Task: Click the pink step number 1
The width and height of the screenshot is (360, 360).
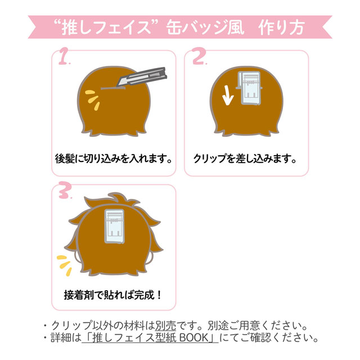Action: pos(64,56)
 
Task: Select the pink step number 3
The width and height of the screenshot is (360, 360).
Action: pos(64,190)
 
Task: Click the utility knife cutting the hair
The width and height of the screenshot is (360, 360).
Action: pos(141,77)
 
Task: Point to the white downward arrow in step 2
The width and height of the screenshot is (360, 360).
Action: pos(227,95)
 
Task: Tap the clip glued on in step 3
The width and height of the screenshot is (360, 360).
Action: pos(114,226)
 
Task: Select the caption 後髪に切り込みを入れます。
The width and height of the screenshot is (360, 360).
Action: pos(114,159)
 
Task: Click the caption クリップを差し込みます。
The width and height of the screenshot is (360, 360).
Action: pos(245,159)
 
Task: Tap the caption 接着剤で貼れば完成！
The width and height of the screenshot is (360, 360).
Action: pos(112,295)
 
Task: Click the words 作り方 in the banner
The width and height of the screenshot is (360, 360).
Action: pos(281,28)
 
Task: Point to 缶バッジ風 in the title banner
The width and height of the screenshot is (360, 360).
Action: pos(205,28)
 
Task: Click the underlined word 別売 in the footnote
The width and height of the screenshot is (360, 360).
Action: pos(166,325)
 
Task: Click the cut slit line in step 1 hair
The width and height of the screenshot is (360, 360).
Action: pos(113,88)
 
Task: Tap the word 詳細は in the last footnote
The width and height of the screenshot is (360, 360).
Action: pos(66,337)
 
